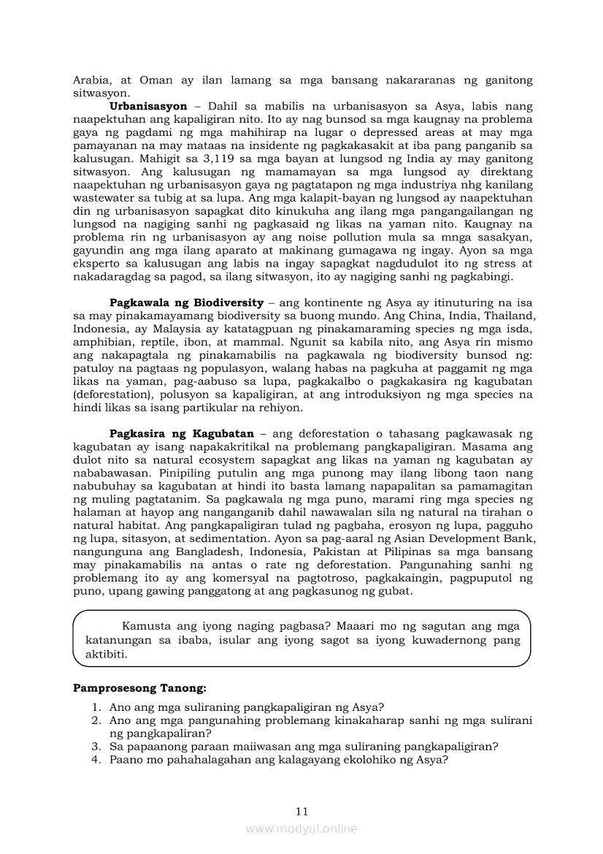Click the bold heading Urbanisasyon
point(148,107)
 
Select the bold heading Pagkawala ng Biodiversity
point(186,302)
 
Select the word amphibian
point(101,342)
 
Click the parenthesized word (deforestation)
point(112,394)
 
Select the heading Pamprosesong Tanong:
point(140,688)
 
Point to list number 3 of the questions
point(96,747)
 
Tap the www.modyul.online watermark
point(301,829)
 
